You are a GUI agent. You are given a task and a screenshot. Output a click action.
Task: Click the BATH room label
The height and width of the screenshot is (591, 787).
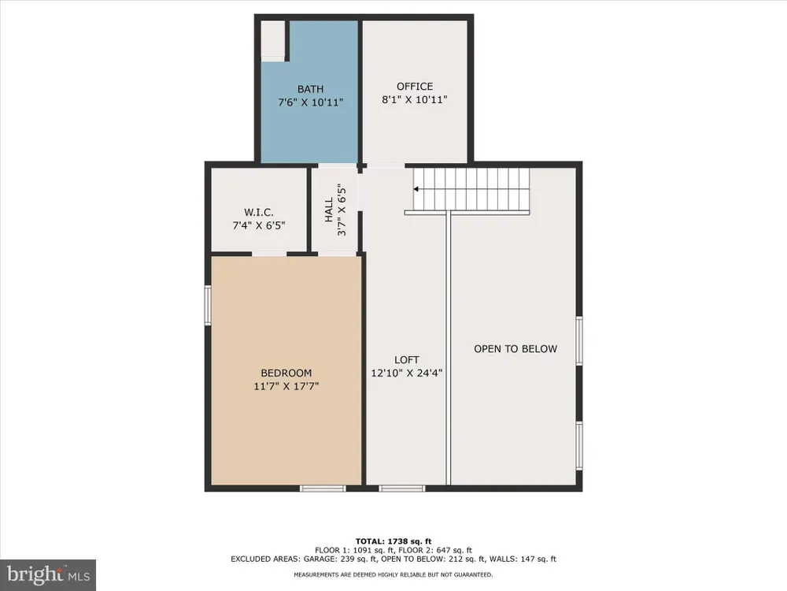click(x=310, y=90)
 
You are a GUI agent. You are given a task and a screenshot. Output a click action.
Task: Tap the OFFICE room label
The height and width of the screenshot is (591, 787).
click(x=415, y=87)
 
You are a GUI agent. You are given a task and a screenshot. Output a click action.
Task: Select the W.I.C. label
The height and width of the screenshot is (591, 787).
click(x=259, y=213)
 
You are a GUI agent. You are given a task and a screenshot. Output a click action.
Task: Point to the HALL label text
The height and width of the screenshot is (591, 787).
click(x=329, y=210)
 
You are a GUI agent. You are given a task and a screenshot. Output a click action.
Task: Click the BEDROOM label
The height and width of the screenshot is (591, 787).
click(x=286, y=373)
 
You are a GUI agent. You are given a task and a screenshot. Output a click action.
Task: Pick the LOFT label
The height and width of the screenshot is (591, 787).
click(x=407, y=360)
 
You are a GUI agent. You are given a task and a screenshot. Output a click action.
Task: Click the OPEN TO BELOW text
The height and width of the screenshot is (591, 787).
click(x=515, y=349)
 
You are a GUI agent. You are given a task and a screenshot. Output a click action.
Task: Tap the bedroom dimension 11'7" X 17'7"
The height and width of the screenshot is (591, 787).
click(x=286, y=386)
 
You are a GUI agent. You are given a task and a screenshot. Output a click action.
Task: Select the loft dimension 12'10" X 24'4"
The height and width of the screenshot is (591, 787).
click(x=407, y=373)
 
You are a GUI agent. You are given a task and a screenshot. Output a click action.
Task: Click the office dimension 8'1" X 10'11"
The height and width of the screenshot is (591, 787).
click(x=415, y=99)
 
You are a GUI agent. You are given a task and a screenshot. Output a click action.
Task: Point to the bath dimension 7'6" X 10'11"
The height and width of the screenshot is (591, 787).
click(x=311, y=102)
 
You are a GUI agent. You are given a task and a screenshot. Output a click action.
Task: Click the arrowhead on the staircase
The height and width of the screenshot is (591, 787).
click(x=416, y=189)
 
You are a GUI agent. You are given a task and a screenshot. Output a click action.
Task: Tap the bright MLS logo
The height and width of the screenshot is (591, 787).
click(x=48, y=575)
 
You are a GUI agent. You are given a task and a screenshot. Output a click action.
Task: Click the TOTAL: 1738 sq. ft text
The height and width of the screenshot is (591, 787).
click(x=393, y=541)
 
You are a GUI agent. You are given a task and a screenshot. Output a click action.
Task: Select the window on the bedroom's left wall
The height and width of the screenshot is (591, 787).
click(x=207, y=305)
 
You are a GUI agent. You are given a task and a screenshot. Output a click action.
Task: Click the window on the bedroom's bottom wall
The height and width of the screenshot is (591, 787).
click(x=323, y=488)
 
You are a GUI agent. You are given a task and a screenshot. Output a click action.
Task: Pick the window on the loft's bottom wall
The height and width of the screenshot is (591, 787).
click(x=402, y=488)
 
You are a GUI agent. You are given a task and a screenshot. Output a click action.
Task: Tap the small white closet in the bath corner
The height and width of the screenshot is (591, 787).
click(x=273, y=41)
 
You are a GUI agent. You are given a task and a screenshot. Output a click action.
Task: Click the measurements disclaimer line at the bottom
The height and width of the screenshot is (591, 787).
click(x=393, y=574)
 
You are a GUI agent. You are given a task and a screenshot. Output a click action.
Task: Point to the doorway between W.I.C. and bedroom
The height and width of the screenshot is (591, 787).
click(x=269, y=254)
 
